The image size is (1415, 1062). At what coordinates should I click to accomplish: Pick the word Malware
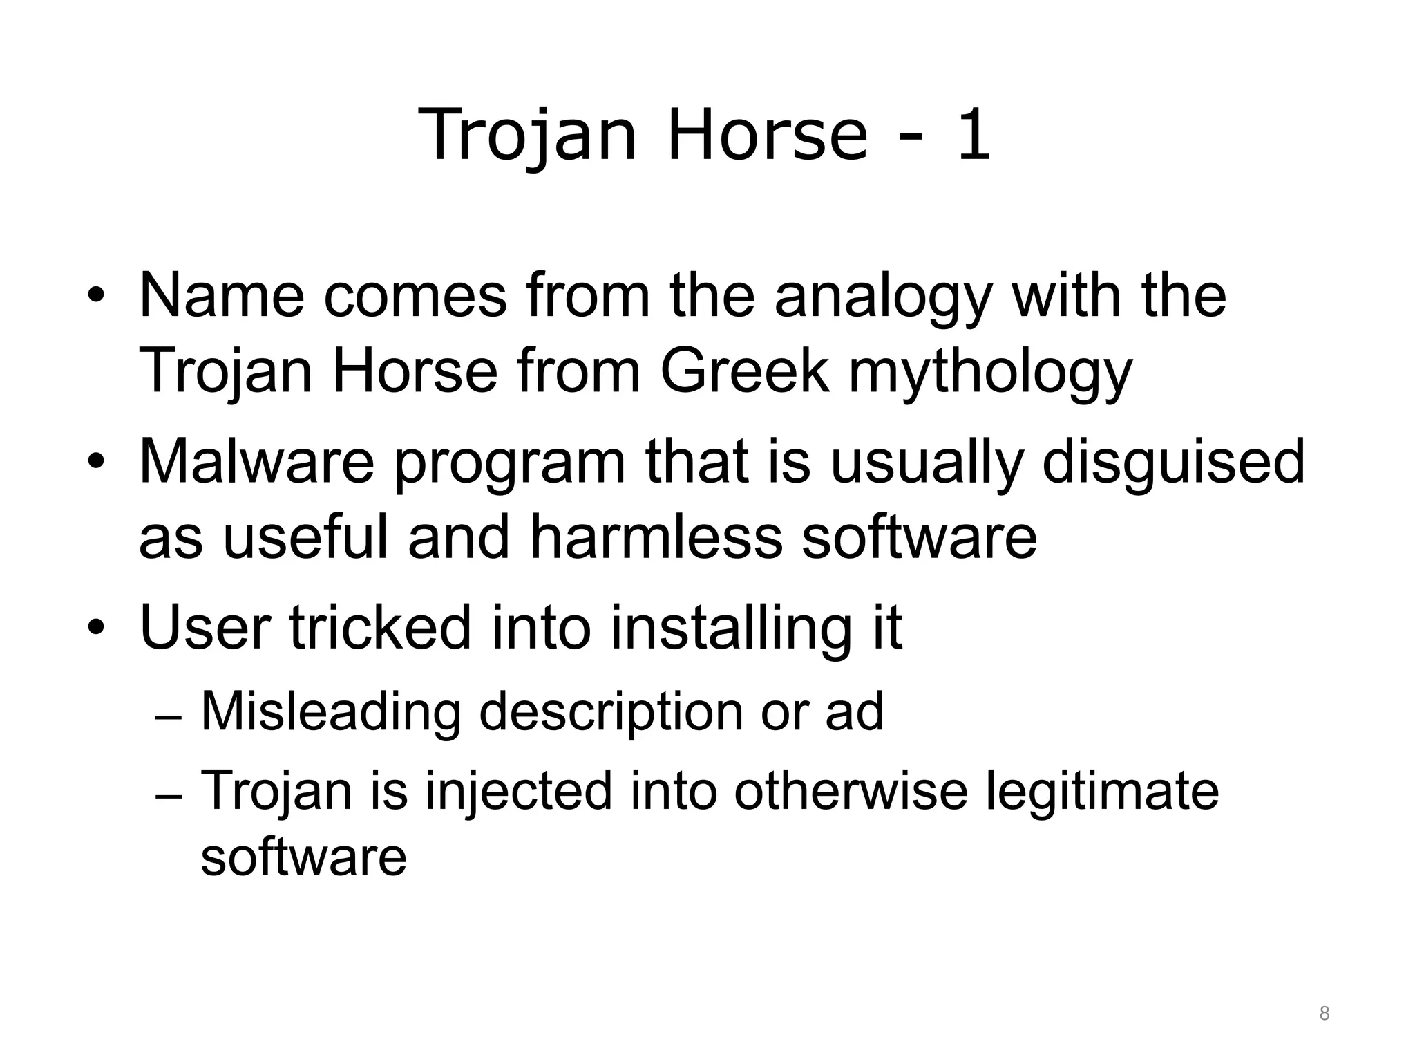pos(256,461)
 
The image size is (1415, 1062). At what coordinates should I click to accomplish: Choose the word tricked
pos(379,627)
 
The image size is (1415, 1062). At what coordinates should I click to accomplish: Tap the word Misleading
pos(331,711)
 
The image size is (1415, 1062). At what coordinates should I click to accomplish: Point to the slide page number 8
pos(1324,1014)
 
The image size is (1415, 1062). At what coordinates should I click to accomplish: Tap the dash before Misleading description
pos(169,719)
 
